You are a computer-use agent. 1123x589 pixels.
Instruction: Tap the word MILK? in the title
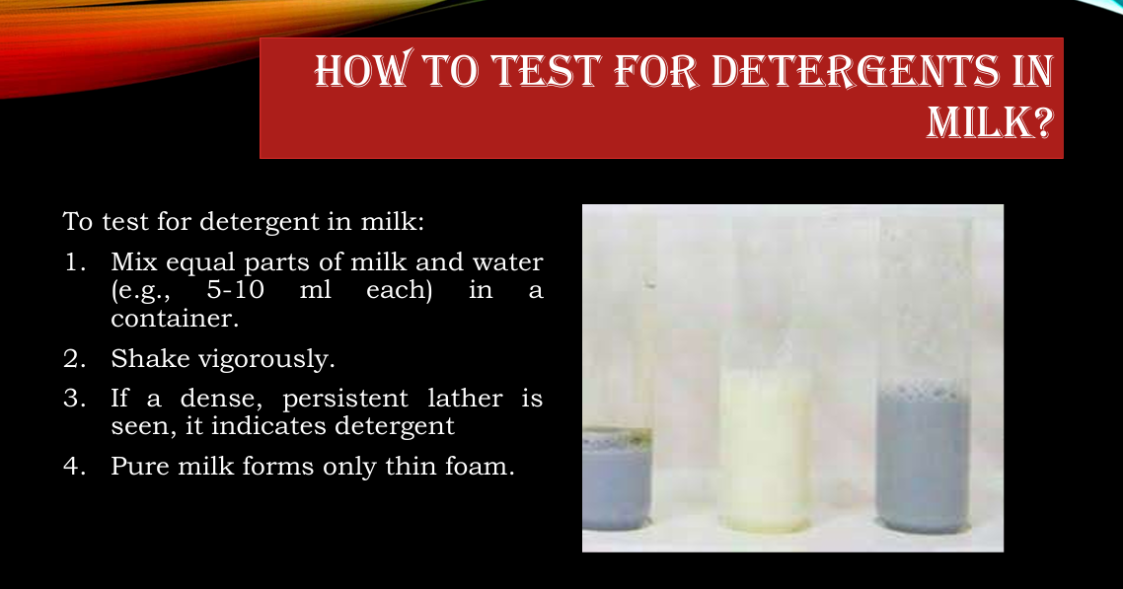[x=990, y=121]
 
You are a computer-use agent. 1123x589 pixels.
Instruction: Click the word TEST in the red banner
[x=546, y=71]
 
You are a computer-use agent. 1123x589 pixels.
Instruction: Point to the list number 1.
[x=75, y=262]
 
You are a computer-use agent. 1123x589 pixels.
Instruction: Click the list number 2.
[x=74, y=359]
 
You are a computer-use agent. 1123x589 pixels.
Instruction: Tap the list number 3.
[x=74, y=398]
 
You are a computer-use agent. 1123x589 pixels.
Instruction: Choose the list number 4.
[x=74, y=467]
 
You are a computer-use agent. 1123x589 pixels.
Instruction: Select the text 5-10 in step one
[x=236, y=291]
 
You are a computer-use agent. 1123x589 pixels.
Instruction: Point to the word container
[x=175, y=319]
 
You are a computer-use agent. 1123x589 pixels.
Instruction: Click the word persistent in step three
[x=345, y=399]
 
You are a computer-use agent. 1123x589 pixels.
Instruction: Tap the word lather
[x=466, y=398]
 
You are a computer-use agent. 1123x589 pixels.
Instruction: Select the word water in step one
[x=507, y=262]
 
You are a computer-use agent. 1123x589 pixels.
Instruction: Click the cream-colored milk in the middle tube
[x=765, y=450]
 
